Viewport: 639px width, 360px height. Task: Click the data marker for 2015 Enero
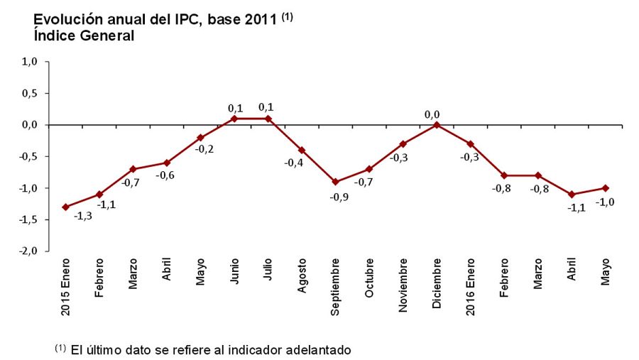pyautogui.click(x=65, y=207)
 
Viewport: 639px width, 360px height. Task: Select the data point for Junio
pyautogui.click(x=234, y=119)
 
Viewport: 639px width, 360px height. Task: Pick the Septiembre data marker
pyautogui.click(x=335, y=182)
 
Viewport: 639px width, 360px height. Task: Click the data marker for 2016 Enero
pyautogui.click(x=470, y=144)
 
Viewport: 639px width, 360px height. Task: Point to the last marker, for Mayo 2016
pyautogui.click(x=605, y=188)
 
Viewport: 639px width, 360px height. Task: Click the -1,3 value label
pyautogui.click(x=82, y=215)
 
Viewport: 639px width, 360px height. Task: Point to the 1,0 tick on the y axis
pyautogui.click(x=30, y=62)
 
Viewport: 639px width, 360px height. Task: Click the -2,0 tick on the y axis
pyautogui.click(x=28, y=251)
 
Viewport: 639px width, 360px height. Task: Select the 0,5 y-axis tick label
pyautogui.click(x=30, y=93)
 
